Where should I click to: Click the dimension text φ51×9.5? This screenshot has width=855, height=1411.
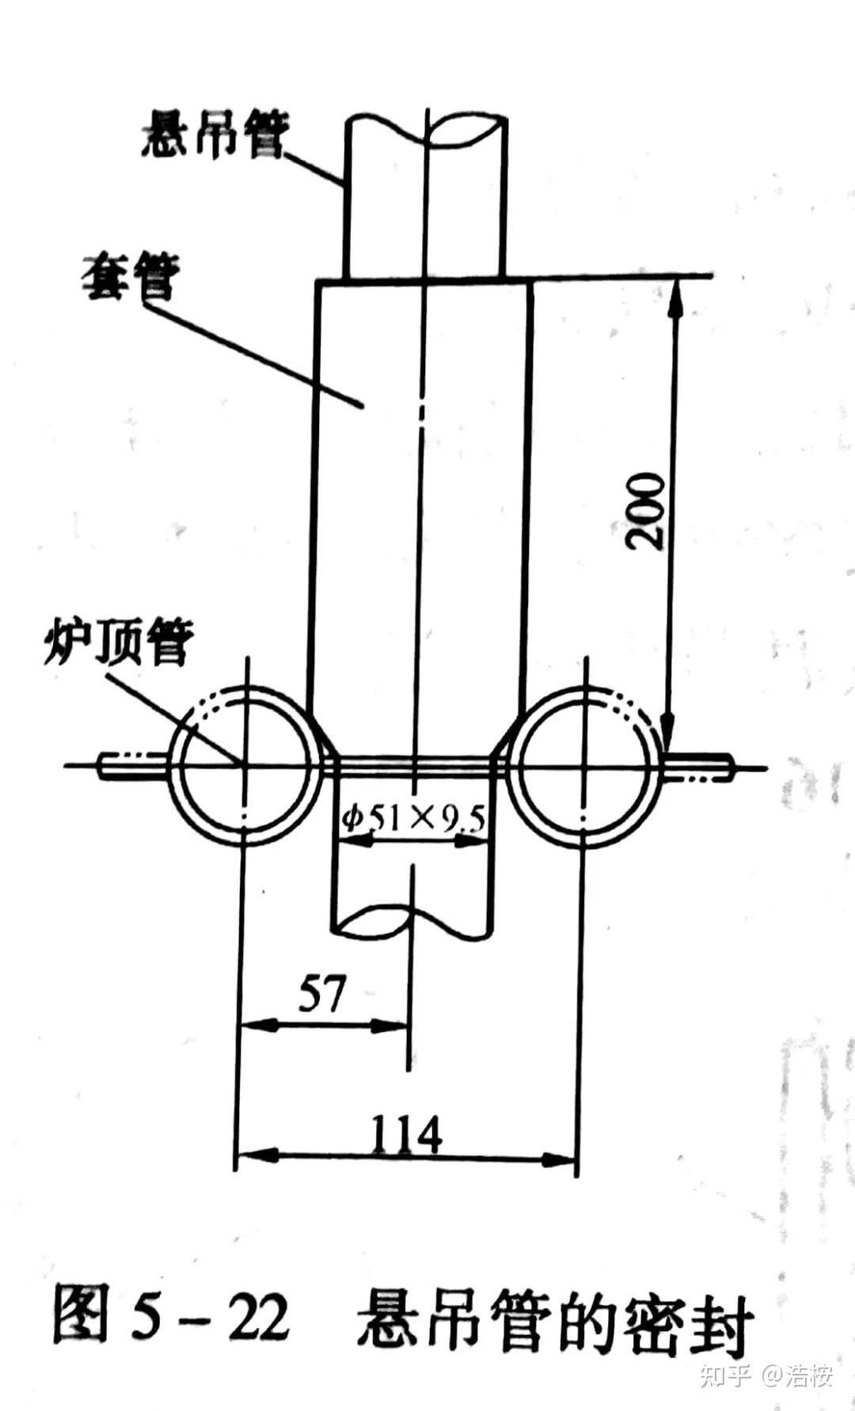[x=413, y=816]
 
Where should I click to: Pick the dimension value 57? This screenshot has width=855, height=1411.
[x=322, y=993]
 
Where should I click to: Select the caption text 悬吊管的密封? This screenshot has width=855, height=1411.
[x=554, y=1320]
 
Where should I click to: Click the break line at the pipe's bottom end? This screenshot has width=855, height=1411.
[x=412, y=921]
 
